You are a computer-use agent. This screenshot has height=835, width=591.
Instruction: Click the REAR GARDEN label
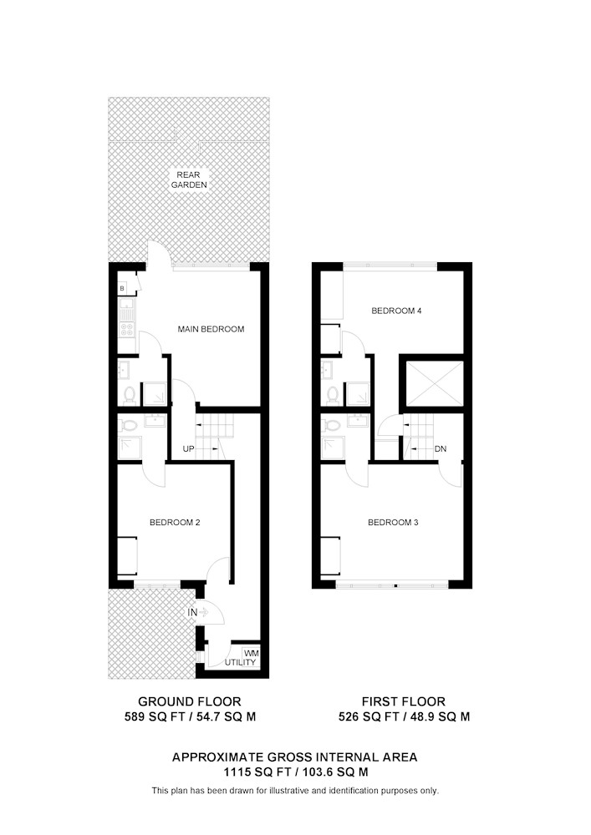pyautogui.click(x=189, y=180)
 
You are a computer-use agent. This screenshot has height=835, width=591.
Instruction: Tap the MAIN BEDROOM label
pyautogui.click(x=211, y=329)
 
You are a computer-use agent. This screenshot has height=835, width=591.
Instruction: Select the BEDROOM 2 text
pyautogui.click(x=175, y=523)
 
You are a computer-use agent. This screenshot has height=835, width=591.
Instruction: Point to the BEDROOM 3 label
pyautogui.click(x=393, y=523)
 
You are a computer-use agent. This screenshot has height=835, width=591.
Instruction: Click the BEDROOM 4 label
pyautogui.click(x=396, y=311)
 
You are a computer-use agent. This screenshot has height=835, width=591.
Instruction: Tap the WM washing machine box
pyautogui.click(x=251, y=652)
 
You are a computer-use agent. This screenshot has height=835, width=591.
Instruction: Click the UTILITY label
pyautogui.click(x=241, y=662)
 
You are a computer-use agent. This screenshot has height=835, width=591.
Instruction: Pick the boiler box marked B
pyautogui.click(x=123, y=289)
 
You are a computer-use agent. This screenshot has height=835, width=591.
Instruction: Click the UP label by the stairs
pyautogui.click(x=189, y=449)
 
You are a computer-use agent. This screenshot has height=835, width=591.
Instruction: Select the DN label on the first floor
pyautogui.click(x=441, y=449)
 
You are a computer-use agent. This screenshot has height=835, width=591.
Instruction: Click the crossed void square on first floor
pyautogui.click(x=435, y=383)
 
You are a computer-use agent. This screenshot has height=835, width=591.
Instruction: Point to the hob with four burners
pyautogui.click(x=127, y=329)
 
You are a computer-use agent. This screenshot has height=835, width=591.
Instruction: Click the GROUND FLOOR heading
pyautogui.click(x=190, y=701)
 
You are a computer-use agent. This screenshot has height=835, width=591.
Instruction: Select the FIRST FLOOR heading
pyautogui.click(x=404, y=701)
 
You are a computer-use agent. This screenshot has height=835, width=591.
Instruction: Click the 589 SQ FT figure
pyautogui.click(x=155, y=716)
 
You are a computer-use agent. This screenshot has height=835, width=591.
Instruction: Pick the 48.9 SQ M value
pyautogui.click(x=440, y=716)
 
